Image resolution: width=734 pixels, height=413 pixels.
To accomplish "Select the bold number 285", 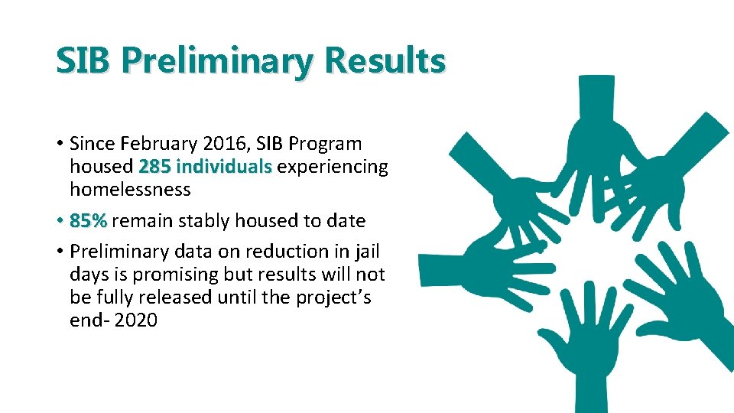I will (154, 167).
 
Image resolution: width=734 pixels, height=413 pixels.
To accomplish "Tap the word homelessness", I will (130, 189).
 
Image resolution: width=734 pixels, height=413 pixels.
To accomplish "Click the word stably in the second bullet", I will (206, 221).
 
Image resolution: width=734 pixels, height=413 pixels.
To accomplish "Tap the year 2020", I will (136, 320).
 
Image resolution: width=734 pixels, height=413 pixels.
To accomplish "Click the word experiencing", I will (333, 167).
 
